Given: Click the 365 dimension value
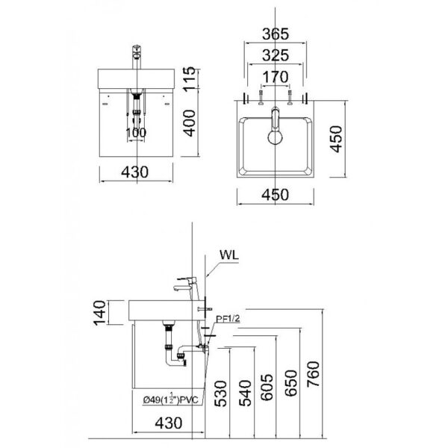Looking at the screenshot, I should (276, 34).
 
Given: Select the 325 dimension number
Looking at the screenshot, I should (276, 55).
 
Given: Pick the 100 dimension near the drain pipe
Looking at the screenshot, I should (135, 133).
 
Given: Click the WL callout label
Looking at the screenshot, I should (229, 254).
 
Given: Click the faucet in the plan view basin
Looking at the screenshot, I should (275, 126).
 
